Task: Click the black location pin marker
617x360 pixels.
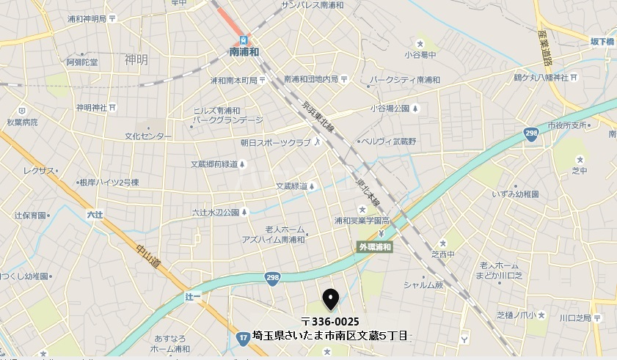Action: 331,298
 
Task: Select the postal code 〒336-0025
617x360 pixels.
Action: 330,322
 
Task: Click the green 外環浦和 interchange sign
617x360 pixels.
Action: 375,248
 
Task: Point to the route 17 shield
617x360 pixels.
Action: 243,337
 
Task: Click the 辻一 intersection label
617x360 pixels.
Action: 193,295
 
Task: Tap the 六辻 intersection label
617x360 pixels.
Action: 95,215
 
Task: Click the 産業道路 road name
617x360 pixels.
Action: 543,47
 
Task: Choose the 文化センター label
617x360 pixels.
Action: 147,136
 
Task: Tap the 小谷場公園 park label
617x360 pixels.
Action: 389,109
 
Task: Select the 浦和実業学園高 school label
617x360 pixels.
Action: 361,220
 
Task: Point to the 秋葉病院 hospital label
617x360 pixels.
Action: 22,122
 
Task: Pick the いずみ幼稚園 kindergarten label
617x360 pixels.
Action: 516,194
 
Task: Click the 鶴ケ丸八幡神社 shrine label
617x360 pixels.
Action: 541,77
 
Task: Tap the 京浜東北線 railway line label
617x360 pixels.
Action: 318,117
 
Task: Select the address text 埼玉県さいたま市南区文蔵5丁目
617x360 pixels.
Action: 329,336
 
